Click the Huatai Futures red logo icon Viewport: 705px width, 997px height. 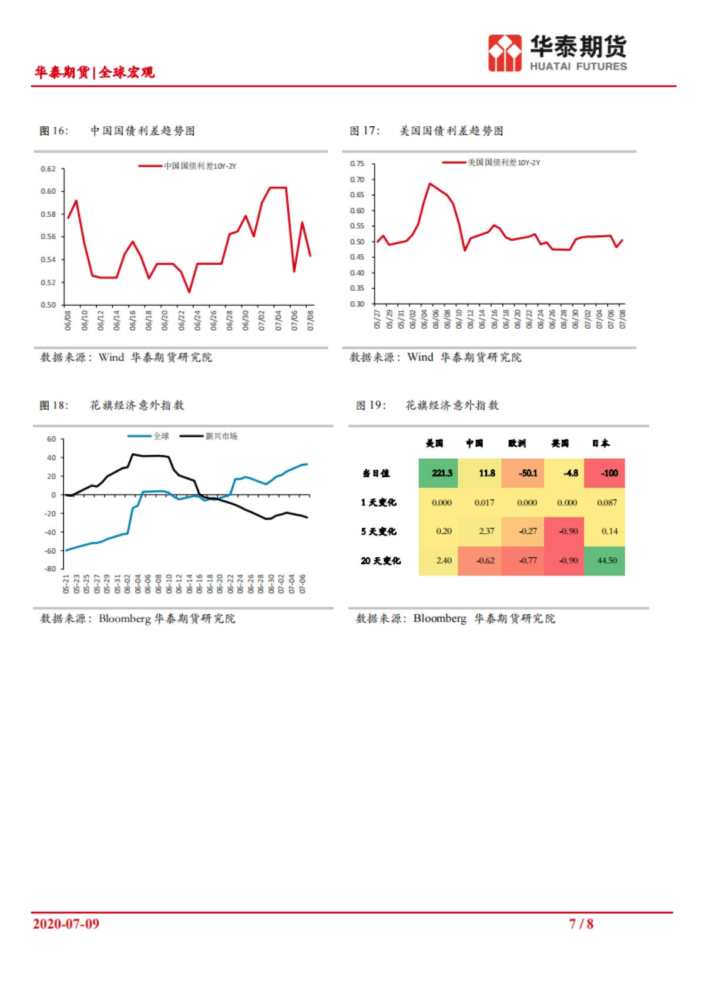[x=505, y=53]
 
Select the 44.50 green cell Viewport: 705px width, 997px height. [x=605, y=561]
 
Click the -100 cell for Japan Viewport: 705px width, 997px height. [x=605, y=473]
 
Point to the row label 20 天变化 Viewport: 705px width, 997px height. [x=381, y=561]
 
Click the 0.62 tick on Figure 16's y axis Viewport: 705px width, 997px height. [x=48, y=169]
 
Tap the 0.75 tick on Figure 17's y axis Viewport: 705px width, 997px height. [x=357, y=164]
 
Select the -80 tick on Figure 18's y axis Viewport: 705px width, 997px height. [x=51, y=568]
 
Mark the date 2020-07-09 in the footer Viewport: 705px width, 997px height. [x=66, y=924]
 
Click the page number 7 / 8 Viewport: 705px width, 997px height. [x=581, y=924]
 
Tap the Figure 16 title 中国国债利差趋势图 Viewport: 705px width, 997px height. [x=143, y=131]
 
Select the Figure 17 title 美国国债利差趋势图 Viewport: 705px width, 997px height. [x=451, y=131]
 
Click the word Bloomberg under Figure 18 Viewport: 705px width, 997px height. [x=125, y=619]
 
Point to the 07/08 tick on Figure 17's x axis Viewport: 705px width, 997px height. [x=622, y=319]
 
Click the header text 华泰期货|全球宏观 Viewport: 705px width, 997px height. [x=95, y=72]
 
